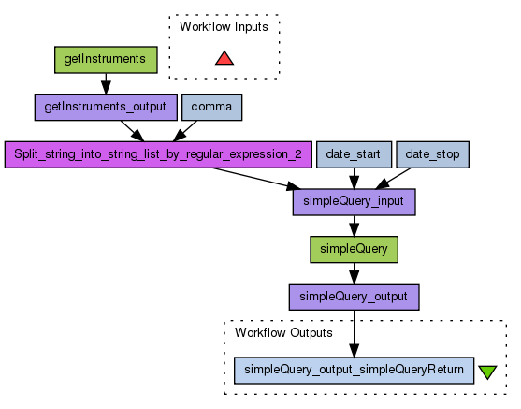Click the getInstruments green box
106,60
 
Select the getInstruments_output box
106,107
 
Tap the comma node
212,107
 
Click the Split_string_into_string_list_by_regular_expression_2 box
158,154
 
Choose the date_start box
354,154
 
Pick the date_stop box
433,154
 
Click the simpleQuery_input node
354,202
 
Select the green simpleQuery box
354,250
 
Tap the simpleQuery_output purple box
354,297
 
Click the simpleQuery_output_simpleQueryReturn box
354,371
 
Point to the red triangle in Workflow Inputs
224,59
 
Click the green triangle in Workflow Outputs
487,372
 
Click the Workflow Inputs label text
224,27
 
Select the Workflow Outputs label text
283,333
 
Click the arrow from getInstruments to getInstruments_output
106,84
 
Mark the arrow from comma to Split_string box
185,131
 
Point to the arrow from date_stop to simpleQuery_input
393,179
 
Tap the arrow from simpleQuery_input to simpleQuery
354,226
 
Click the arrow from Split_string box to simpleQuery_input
257,179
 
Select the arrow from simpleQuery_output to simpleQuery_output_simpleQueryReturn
354,334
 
